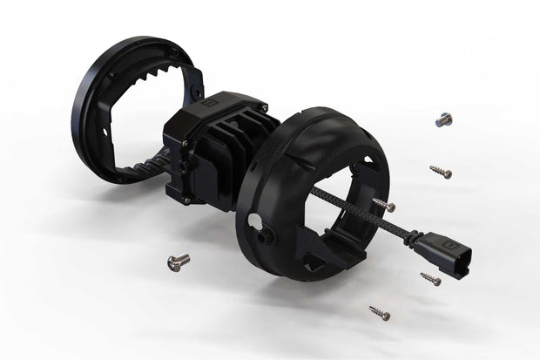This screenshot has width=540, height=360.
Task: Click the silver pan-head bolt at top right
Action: click(x=444, y=119)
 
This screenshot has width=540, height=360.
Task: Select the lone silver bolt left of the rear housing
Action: click(x=178, y=262)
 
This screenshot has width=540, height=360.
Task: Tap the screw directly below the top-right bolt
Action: click(x=441, y=172)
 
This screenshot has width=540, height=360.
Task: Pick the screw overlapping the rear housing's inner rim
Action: click(x=383, y=205)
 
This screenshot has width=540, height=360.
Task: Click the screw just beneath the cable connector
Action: click(x=430, y=278)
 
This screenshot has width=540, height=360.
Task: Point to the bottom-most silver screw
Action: click(x=379, y=312)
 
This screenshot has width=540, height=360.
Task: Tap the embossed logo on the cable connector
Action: click(x=447, y=241)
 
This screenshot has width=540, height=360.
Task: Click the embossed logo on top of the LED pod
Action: click(x=209, y=101)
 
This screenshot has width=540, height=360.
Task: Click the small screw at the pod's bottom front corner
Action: click(x=186, y=200)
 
